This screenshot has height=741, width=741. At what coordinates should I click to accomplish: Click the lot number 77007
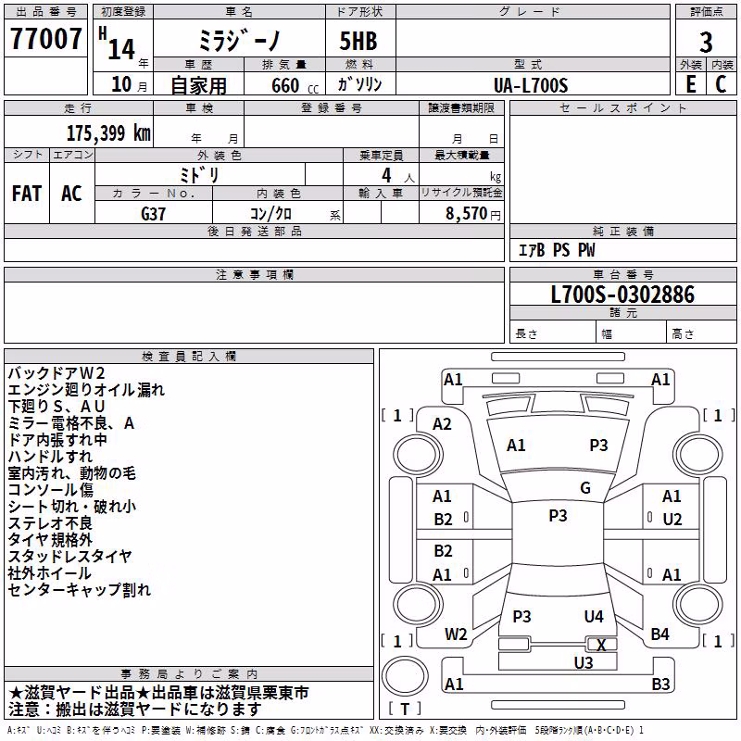[x=45, y=38]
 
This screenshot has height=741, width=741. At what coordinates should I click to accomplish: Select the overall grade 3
[x=706, y=43]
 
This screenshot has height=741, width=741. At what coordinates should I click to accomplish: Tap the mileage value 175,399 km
[x=108, y=133]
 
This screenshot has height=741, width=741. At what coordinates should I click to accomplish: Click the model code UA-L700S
[x=531, y=85]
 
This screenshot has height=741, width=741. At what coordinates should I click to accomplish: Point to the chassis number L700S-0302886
[x=622, y=295]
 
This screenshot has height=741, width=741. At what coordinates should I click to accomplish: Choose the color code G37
[x=153, y=214]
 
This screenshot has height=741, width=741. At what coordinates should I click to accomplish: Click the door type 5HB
[x=358, y=41]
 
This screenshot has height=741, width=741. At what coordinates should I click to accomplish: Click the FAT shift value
[x=27, y=194]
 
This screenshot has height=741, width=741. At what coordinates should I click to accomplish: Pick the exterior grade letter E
[x=690, y=84]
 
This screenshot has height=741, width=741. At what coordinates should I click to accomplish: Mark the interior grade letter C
[x=721, y=84]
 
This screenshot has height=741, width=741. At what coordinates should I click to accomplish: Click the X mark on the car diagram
[x=601, y=645]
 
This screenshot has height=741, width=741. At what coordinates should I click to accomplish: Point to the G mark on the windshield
[x=585, y=488]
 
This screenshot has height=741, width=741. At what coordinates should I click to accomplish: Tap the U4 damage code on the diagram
[x=594, y=616]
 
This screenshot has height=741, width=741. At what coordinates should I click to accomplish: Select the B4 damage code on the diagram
[x=659, y=634]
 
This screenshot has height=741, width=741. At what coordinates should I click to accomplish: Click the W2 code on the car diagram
[x=456, y=634]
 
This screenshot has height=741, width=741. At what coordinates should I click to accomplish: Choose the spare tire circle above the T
[x=405, y=676]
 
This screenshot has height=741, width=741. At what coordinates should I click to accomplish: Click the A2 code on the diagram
[x=442, y=424]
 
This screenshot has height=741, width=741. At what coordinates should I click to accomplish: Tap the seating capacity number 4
[x=386, y=175]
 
